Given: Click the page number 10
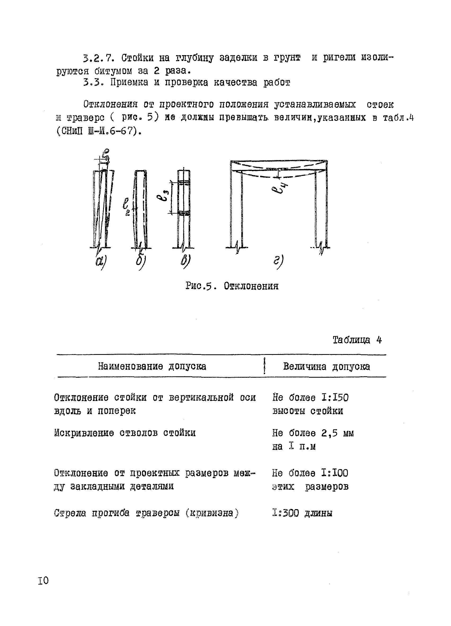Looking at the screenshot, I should (x=43, y=580).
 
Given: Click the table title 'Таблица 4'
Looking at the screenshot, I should (x=357, y=340).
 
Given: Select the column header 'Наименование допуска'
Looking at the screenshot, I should (x=152, y=366).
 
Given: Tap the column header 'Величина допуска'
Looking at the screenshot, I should (x=326, y=367).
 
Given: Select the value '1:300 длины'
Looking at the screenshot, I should (x=302, y=513).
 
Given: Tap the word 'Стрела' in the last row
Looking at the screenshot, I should (x=70, y=513).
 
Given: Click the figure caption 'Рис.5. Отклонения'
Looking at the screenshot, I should (x=232, y=286).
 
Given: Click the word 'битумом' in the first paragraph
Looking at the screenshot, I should (x=113, y=71).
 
